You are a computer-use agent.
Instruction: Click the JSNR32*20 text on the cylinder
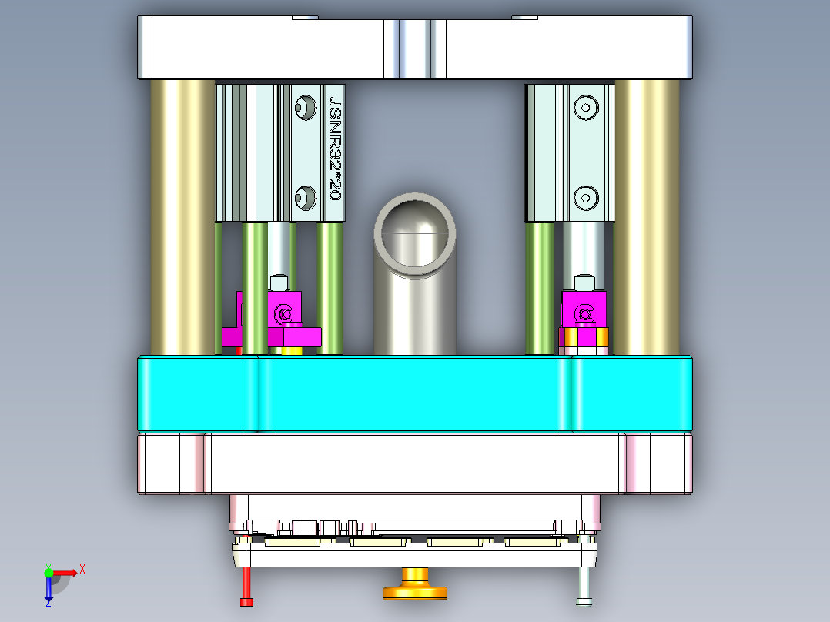335,148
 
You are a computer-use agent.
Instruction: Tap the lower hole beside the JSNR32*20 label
306,197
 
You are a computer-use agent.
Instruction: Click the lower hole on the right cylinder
587,197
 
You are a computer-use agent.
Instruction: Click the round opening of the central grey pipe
414,232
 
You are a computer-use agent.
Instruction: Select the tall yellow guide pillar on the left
182,216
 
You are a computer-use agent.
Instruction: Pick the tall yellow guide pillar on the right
647,216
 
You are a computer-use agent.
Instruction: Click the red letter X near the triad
82,569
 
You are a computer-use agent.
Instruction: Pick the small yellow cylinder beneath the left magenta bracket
290,350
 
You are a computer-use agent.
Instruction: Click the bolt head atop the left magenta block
279,283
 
